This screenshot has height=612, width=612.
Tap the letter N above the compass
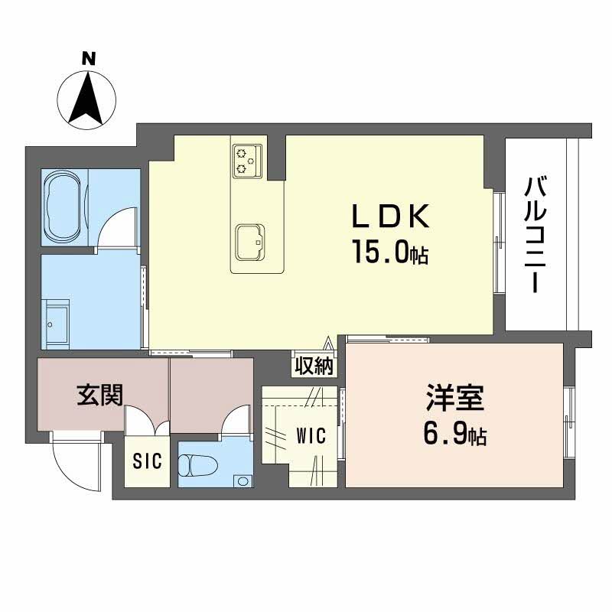tap(89, 57)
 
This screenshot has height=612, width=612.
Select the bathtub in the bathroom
tap(66, 204)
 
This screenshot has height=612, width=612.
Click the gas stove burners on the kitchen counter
tap(244, 159)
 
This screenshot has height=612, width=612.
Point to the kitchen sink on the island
tap(250, 242)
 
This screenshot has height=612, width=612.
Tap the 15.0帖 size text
tap(389, 252)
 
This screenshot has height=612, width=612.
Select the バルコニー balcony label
tap(535, 234)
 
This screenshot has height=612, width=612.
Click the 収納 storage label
tap(314, 366)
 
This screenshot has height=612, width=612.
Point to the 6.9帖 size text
tap(454, 435)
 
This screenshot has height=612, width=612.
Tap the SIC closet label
tap(145, 462)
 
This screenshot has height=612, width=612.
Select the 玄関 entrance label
tap(99, 396)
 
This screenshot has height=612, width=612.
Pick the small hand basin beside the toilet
tap(243, 481)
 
